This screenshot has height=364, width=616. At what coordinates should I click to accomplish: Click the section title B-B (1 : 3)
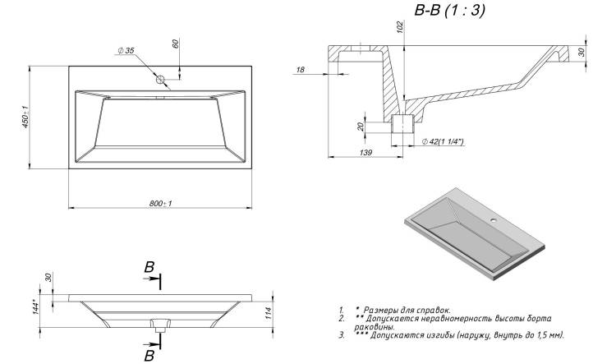coord(450,10)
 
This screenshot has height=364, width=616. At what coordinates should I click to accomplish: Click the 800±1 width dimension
coord(160,203)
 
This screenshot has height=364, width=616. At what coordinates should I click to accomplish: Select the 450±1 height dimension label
coord(25,117)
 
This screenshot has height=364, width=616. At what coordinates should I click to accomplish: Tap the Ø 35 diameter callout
coord(126,50)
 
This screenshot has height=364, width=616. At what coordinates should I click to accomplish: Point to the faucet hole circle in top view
coord(160,80)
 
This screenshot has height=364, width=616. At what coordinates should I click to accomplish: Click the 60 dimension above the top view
coord(175,44)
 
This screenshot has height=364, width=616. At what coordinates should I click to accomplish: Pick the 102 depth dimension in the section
coord(400,27)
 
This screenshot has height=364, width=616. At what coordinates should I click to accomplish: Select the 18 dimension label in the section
coord(300,70)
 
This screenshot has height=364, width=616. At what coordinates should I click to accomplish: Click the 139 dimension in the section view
coord(365,152)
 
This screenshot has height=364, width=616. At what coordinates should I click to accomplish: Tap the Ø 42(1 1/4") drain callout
coord(443,141)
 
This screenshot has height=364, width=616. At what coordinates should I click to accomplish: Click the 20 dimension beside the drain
coord(361,127)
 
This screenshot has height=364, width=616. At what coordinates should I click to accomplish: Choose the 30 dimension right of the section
coord(582,52)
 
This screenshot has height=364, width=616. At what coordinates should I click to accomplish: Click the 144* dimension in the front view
coord(35,307)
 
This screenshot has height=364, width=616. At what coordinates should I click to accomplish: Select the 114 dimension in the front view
coord(269,313)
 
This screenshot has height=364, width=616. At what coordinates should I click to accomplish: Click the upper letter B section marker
coord(149,267)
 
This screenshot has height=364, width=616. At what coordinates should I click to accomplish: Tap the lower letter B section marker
coord(149,356)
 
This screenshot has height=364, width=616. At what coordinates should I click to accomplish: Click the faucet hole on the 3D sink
coord(492,219)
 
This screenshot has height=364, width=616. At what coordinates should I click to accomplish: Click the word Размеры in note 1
coord(379,310)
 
